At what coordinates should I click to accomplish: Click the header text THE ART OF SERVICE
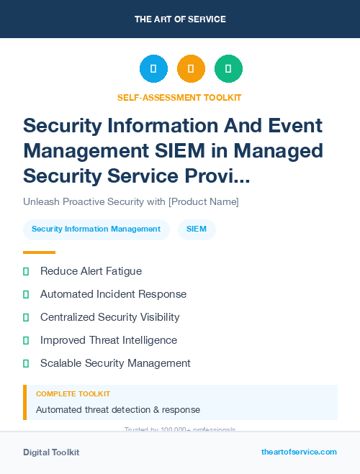coord(180,19)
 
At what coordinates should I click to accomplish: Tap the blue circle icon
coord(153,69)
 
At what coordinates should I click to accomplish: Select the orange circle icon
coord(191,69)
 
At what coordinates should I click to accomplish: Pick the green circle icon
coord(228,69)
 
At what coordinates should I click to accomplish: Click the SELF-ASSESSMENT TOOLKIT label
coord(180,97)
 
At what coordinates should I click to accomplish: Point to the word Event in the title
coord(297,125)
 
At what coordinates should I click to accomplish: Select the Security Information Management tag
coord(96,229)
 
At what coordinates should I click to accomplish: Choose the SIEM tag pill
coord(197,229)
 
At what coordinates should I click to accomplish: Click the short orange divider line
coord(39,252)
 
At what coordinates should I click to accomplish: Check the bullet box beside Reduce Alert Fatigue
coord(26,271)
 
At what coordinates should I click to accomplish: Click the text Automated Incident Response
coord(113,294)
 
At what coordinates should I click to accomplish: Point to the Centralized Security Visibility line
coord(109,317)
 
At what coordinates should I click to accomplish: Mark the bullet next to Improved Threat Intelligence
coord(26,340)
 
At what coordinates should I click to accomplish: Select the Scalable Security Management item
coord(115,363)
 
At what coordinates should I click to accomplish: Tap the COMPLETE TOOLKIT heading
coord(73,394)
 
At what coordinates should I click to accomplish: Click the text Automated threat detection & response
coord(118,410)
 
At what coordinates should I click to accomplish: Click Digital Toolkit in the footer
coord(51,452)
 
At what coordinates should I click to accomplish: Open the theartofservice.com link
coord(299,452)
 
